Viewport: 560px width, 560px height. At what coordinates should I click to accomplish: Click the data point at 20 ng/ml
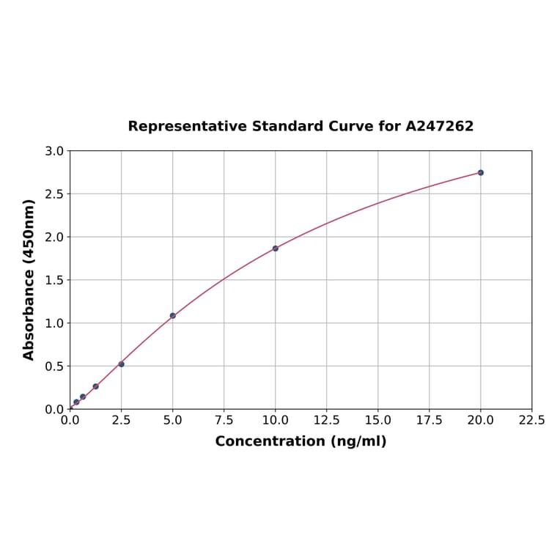[x=480, y=172]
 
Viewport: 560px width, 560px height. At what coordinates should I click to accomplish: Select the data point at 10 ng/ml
[x=275, y=248]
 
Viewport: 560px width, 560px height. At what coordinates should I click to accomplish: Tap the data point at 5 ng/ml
[x=172, y=316]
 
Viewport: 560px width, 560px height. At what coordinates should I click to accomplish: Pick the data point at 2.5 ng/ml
[x=121, y=364]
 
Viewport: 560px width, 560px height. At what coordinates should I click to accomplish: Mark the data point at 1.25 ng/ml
[x=95, y=386]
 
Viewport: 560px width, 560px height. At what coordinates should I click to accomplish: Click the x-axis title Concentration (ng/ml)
[x=301, y=441]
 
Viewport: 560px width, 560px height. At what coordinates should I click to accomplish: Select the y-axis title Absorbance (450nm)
[x=29, y=279]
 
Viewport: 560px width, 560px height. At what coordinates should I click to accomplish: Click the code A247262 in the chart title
[x=439, y=126]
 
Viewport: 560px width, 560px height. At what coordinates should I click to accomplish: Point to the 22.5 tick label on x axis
[x=531, y=421]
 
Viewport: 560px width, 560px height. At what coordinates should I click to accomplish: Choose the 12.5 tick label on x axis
[x=326, y=421]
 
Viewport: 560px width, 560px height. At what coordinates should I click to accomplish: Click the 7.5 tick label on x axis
[x=224, y=421]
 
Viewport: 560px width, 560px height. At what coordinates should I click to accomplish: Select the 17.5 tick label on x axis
[x=429, y=421]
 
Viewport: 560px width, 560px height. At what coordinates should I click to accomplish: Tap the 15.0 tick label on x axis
[x=377, y=421]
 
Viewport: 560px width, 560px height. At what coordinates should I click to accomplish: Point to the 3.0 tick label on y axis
[x=54, y=151]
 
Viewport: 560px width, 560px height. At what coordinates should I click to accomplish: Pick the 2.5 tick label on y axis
[x=54, y=194]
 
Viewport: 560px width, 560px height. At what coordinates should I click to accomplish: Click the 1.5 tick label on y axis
[x=54, y=280]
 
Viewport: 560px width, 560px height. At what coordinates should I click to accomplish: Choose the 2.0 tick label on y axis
[x=54, y=237]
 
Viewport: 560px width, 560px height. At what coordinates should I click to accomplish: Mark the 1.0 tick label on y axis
[x=54, y=323]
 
